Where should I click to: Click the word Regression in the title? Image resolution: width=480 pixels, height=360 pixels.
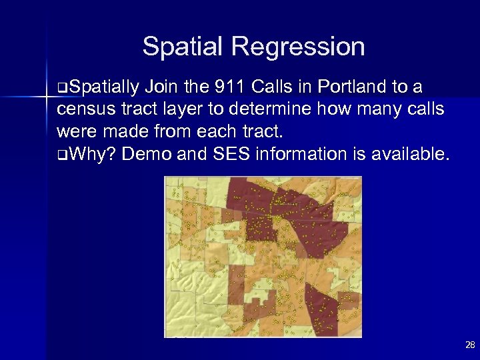click(297, 47)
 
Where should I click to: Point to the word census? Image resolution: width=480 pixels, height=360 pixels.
click(83, 110)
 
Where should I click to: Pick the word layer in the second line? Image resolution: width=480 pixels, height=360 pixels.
click(169, 110)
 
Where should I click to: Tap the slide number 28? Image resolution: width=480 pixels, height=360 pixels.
click(468, 345)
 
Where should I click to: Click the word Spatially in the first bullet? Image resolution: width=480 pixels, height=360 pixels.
click(103, 87)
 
